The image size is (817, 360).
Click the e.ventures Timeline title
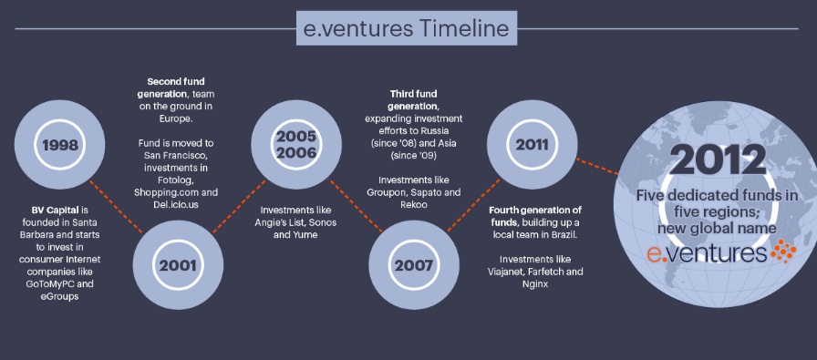coord(407,27)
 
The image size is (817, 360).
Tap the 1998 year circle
coord(59,144)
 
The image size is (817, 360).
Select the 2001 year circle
coord(178,264)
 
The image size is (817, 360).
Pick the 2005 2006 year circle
coord(296,144)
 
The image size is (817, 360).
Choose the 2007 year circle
coord(414,264)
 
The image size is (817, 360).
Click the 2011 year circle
coord(532,144)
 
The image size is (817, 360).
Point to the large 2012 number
coord(718,159)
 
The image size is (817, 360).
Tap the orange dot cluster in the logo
coord(782,251)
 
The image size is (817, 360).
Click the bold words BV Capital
coord(55,210)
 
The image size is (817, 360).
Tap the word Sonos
coord(324,222)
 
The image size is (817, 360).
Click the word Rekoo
coord(414,205)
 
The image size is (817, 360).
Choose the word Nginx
coord(535,284)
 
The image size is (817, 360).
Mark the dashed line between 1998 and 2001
coord(116,206)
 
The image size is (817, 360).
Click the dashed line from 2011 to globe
coord(597,166)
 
